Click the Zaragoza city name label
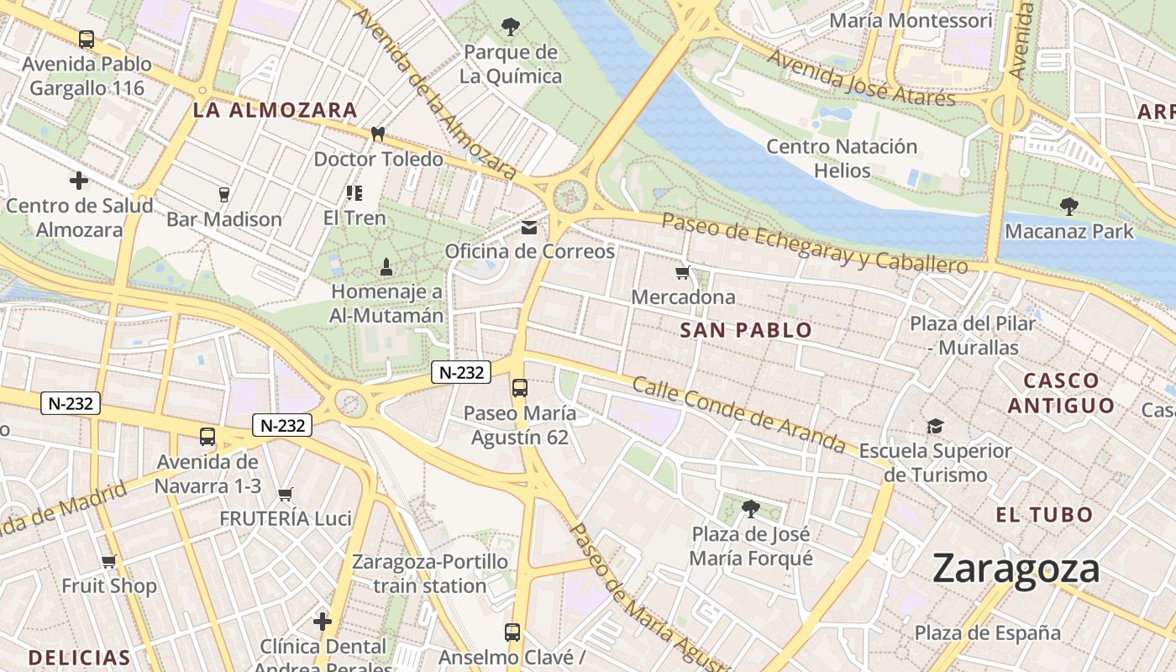click(x=1016, y=570)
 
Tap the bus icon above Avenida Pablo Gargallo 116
click(x=87, y=39)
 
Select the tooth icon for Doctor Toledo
click(x=378, y=134)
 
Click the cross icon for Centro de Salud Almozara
click(x=79, y=181)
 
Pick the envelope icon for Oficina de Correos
click(x=529, y=227)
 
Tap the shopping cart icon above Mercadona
click(x=682, y=272)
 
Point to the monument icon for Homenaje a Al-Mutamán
click(x=386, y=267)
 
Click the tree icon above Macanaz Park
click(x=1068, y=206)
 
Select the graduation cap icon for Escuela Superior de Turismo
click(x=935, y=427)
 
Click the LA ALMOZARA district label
click(x=276, y=110)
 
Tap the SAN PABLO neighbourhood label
click(x=746, y=330)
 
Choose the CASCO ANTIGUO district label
click(x=1061, y=393)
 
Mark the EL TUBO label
click(x=1044, y=515)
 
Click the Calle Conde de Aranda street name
click(x=738, y=414)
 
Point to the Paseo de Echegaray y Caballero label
click(x=815, y=244)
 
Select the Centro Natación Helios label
click(x=842, y=158)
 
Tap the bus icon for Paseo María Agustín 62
click(x=520, y=388)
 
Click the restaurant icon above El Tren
click(x=354, y=193)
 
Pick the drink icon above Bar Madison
click(x=223, y=195)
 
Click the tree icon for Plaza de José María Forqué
click(x=751, y=508)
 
